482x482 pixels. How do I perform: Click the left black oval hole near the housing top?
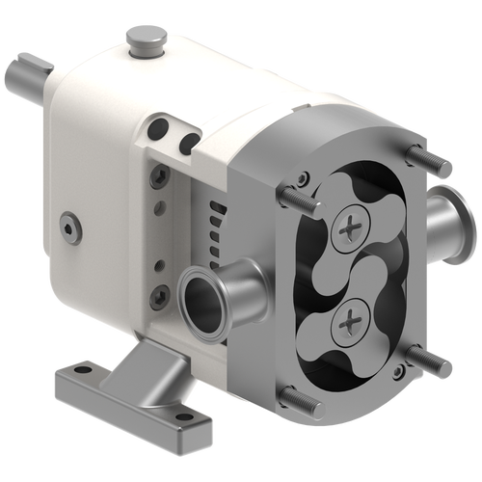click(162, 126)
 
